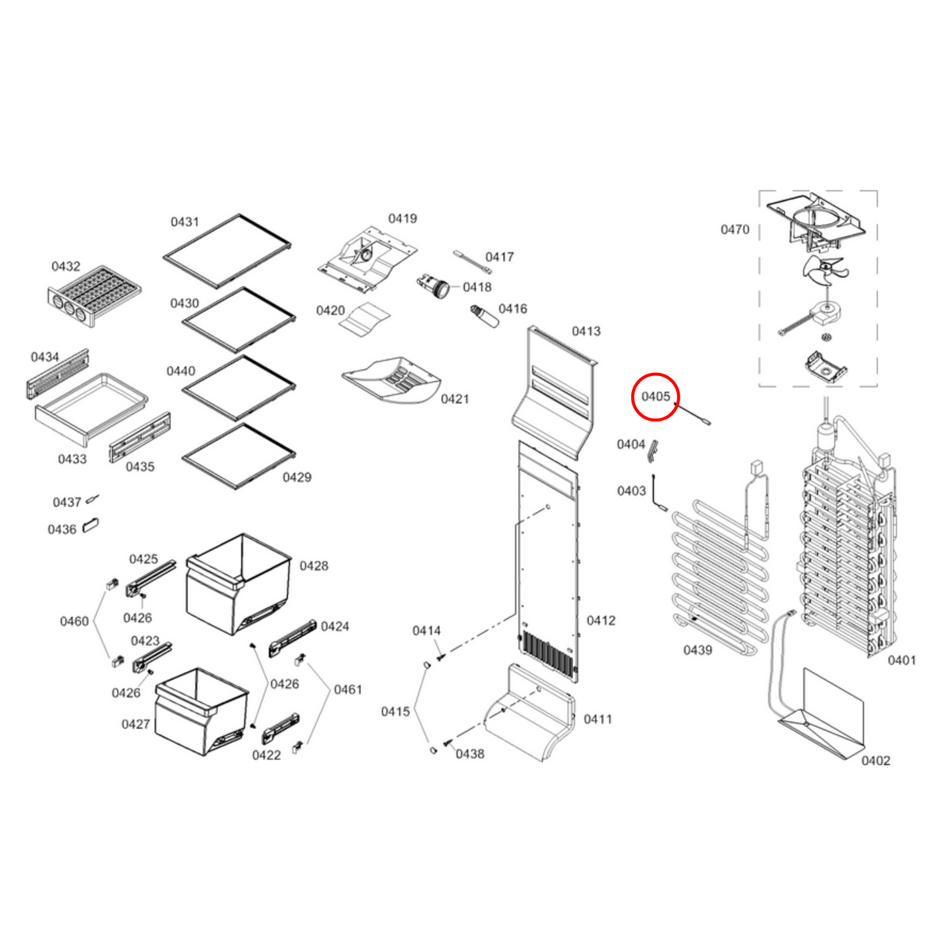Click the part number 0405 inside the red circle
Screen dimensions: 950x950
[x=655, y=396]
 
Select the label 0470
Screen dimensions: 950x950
[x=734, y=229]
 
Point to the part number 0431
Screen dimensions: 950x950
[x=184, y=222]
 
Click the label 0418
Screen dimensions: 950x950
[x=477, y=287]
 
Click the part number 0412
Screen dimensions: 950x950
[x=601, y=620]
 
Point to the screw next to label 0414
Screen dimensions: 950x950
[x=440, y=657]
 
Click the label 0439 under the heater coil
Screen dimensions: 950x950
[x=698, y=650]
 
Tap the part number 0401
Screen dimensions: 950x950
[x=902, y=660]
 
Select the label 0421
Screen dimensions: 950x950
[x=454, y=399]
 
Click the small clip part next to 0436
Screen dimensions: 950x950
[x=90, y=525]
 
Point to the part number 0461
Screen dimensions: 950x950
[x=348, y=690]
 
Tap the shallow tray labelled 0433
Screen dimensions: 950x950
[x=91, y=409]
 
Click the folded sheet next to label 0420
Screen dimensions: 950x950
[x=364, y=320]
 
